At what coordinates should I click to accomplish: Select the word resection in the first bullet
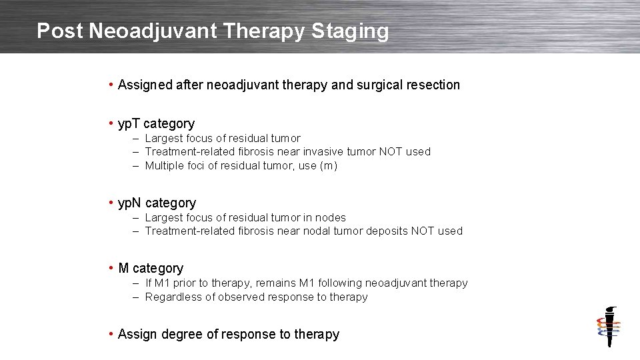(433, 85)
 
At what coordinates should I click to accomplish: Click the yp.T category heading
(156, 124)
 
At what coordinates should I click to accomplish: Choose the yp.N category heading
(157, 203)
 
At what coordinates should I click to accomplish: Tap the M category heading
(150, 269)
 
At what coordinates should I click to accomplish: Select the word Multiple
(165, 166)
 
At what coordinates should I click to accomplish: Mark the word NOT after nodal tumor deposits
(423, 231)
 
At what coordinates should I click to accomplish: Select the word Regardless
(172, 297)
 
